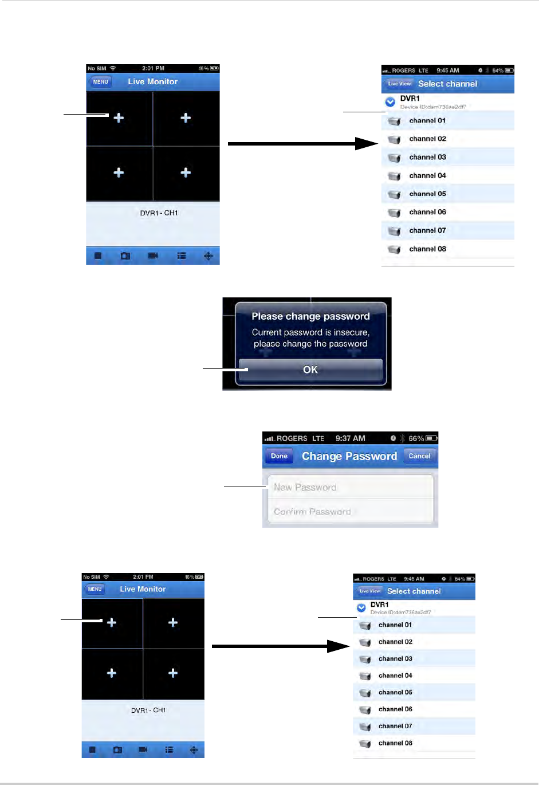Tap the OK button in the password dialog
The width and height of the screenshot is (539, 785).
[310, 370]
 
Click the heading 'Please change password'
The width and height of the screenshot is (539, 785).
[310, 316]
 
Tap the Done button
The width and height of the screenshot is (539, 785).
[279, 456]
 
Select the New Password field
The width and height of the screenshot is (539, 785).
[349, 487]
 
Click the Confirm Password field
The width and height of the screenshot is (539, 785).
[349, 512]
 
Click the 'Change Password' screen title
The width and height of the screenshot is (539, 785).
[349, 456]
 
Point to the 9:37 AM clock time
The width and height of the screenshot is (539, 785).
[350, 438]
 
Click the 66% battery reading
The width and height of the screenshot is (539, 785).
[416, 438]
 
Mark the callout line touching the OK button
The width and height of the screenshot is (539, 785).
[225, 370]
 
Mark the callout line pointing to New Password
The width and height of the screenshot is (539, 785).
[245, 486]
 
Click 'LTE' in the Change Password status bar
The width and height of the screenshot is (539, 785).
[318, 438]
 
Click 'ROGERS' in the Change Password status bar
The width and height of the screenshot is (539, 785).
[292, 438]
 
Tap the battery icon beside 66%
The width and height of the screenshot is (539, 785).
[431, 438]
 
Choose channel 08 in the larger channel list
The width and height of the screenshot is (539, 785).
[427, 249]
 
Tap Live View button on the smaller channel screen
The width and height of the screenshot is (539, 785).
[369, 591]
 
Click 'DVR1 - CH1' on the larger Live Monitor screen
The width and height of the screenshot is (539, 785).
[159, 213]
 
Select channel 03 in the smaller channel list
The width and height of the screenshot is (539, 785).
[395, 659]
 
